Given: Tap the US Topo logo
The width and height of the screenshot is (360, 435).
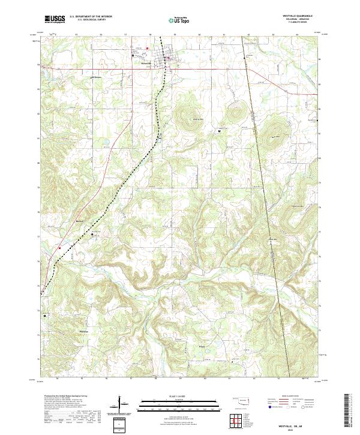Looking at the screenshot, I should click(x=179, y=20).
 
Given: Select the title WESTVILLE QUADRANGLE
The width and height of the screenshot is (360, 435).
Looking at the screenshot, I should click(x=304, y=16).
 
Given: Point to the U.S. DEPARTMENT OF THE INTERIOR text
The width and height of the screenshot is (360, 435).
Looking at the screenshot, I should click(x=90, y=17).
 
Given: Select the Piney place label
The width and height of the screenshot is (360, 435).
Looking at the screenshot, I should click(x=202, y=346).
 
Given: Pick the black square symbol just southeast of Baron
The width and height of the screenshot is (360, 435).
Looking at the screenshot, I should click(x=92, y=235).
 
